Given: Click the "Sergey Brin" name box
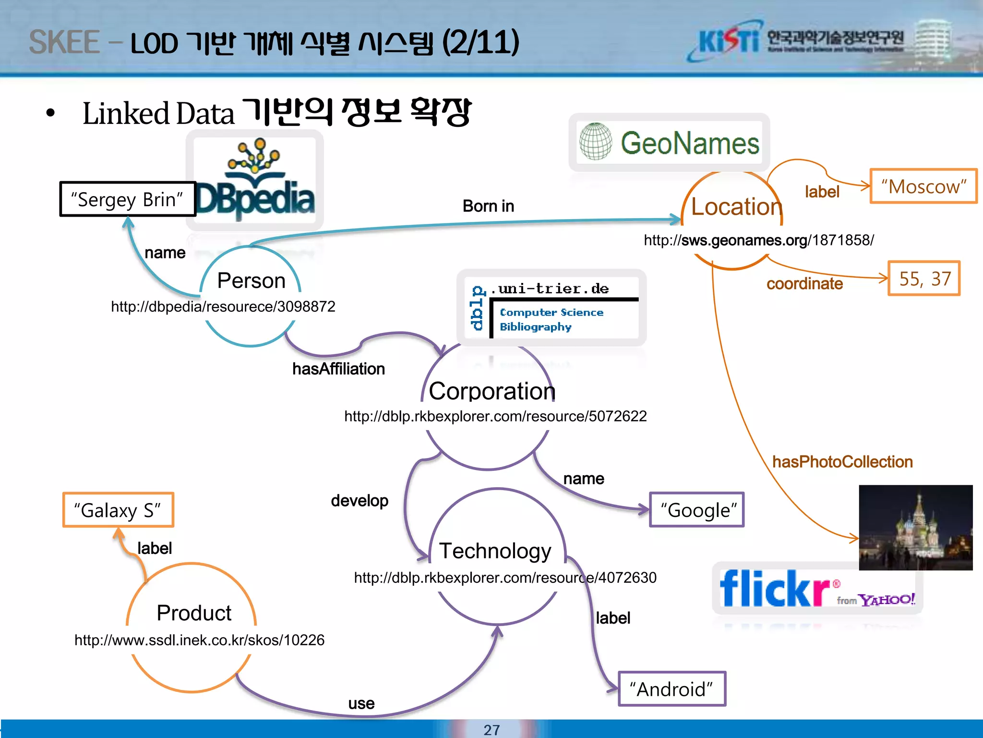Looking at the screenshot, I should click(x=127, y=199).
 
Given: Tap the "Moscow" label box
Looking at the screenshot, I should click(x=923, y=186).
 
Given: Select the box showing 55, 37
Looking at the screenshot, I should click(x=924, y=279).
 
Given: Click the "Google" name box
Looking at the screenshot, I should click(x=697, y=510).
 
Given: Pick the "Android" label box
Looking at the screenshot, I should click(x=672, y=689).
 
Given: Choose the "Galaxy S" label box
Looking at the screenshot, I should click(x=118, y=510).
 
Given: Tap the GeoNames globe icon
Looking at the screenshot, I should click(x=595, y=142).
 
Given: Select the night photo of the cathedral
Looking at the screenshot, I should click(x=916, y=528).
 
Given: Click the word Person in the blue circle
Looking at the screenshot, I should click(x=251, y=281).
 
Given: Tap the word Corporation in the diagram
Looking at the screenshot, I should click(x=492, y=391).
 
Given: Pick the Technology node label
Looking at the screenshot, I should click(x=495, y=551).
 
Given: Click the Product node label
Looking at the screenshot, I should click(x=194, y=613).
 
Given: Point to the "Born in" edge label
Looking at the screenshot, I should click(x=488, y=206).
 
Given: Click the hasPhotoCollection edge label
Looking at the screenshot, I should click(x=842, y=462).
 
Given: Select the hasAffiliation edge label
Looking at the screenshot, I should click(x=338, y=369).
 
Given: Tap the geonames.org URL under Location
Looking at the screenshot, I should click(x=758, y=240).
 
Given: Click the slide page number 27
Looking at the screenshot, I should click(x=491, y=730).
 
